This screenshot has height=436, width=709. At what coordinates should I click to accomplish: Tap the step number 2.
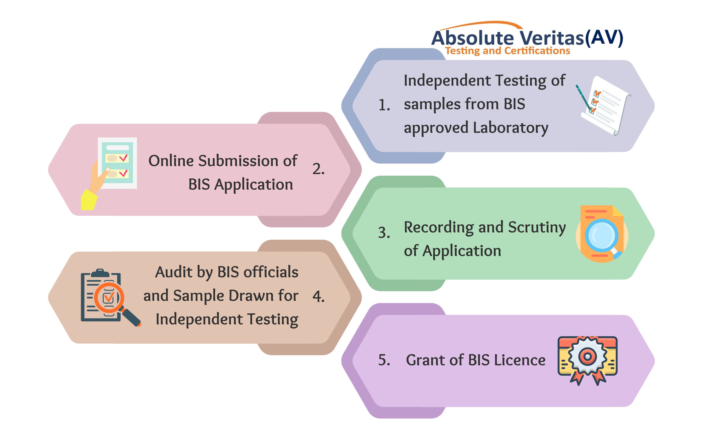tap(318, 169)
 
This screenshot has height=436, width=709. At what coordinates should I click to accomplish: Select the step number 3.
tap(384, 232)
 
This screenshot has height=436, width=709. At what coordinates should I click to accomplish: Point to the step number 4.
tap(318, 297)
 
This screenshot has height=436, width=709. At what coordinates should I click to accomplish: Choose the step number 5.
tap(384, 360)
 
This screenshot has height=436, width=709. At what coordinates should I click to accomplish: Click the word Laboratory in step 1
tap(510, 128)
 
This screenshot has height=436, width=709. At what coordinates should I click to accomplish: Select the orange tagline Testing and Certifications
tap(507, 51)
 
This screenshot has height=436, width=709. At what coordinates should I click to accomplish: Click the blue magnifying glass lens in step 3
tap(601, 235)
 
